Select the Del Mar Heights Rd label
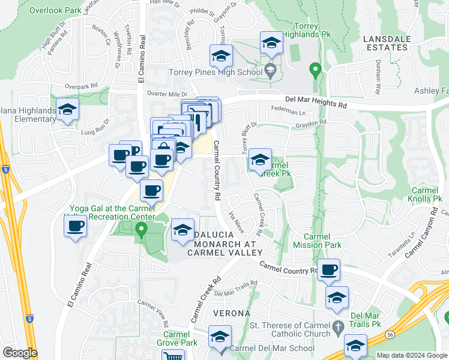click(x=316, y=101)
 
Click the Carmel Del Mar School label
click(x=272, y=348)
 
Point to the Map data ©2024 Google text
click(x=412, y=355)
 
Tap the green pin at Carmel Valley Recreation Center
click(x=141, y=230)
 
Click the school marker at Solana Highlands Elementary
click(x=67, y=110)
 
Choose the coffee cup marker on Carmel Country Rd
click(x=328, y=269)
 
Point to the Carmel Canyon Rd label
click(x=427, y=231)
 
